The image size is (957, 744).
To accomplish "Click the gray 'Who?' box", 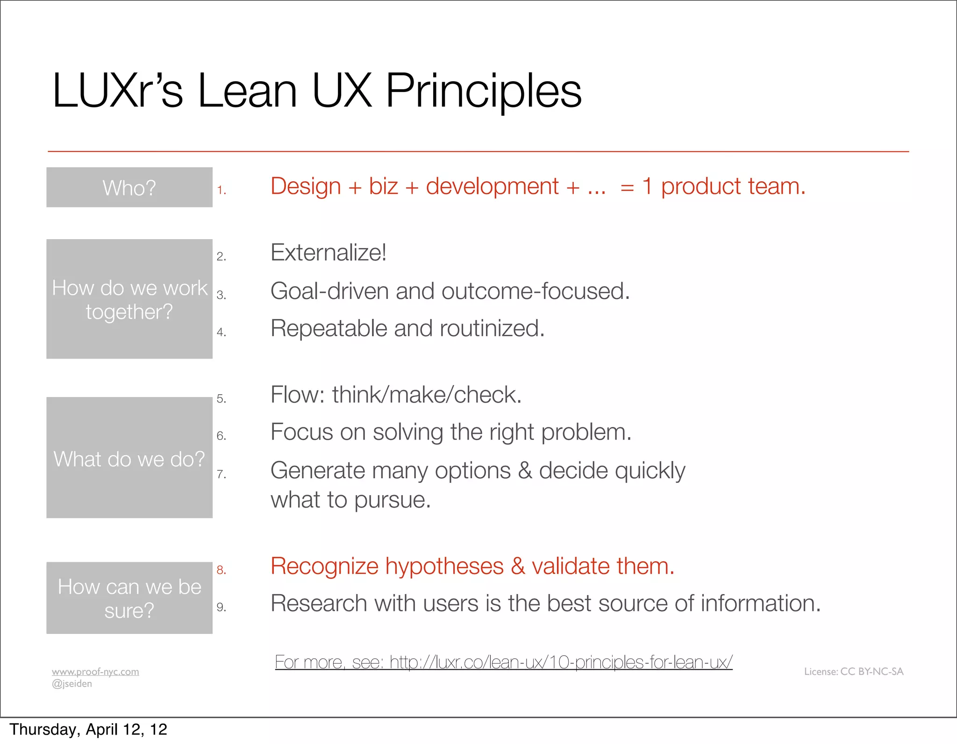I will pyautogui.click(x=129, y=187).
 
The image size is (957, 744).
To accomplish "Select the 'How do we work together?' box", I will pyautogui.click(x=129, y=299).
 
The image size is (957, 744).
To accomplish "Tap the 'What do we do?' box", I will pyautogui.click(x=129, y=458).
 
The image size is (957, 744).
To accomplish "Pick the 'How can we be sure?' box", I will pyautogui.click(x=129, y=598).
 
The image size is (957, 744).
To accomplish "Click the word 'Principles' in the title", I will pyautogui.click(x=483, y=91).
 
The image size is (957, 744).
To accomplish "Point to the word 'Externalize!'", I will pyautogui.click(x=328, y=253).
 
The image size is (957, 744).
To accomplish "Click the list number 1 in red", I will pyautogui.click(x=221, y=190).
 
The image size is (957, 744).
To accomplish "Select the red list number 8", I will pyautogui.click(x=221, y=570).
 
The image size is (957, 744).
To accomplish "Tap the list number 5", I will pyautogui.click(x=221, y=398).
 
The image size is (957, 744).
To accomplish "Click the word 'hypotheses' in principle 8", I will pyautogui.click(x=444, y=567).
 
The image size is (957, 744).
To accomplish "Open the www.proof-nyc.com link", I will pyautogui.click(x=95, y=672).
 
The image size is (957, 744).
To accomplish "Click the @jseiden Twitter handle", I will pyautogui.click(x=72, y=684).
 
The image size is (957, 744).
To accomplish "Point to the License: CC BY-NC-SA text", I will pyautogui.click(x=854, y=672).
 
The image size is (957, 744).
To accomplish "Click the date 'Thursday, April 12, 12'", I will pyautogui.click(x=88, y=730).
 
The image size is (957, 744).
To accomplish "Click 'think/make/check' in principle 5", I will pyautogui.click(x=426, y=395).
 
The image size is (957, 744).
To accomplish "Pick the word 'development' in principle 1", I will pyautogui.click(x=492, y=187).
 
